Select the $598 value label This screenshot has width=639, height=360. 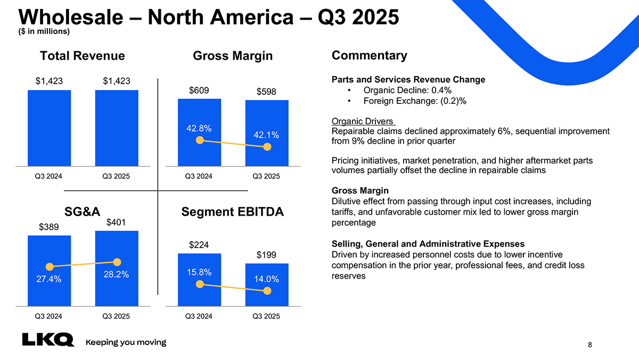click(267, 93)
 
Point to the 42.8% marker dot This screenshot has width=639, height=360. click(200, 141)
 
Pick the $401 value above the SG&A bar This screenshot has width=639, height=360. click(117, 222)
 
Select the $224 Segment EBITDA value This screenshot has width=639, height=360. click(199, 245)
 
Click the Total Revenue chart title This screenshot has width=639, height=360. click(83, 56)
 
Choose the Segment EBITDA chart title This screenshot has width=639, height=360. click(233, 212)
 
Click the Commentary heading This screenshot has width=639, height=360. click(369, 55)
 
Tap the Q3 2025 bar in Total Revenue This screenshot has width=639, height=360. click(117, 128)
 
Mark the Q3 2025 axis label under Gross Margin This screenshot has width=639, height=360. click(266, 176)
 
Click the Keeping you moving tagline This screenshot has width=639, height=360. click(126, 342)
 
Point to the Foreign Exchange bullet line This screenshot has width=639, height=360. click(415, 101)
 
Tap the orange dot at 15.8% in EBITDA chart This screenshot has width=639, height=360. click(200, 284)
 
